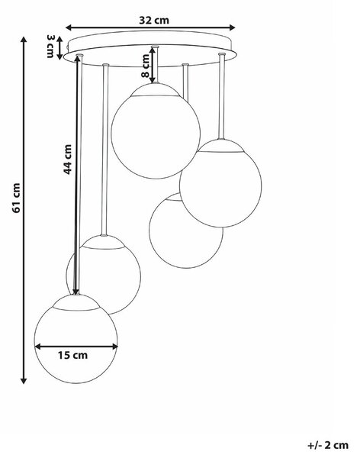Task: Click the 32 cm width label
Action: (x=154, y=21)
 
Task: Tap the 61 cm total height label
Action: (x=16, y=198)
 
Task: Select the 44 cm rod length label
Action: (x=67, y=160)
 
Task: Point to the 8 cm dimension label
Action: (x=145, y=66)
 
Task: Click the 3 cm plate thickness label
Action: (x=50, y=46)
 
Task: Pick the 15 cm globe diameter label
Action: (x=72, y=355)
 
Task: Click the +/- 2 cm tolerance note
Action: (x=328, y=445)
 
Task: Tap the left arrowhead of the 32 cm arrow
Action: (x=69, y=27)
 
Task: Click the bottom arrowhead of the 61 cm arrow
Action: (x=24, y=380)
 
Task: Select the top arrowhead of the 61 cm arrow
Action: (x=24, y=40)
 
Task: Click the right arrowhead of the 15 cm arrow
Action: (x=114, y=347)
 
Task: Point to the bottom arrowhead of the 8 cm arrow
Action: (x=153, y=79)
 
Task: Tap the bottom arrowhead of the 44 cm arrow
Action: (x=76, y=292)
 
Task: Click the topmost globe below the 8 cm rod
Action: (x=156, y=131)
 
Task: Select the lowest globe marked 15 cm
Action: (x=76, y=338)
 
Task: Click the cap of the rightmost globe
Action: (x=221, y=146)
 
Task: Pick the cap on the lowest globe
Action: (x=76, y=302)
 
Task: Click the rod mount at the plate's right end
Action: (x=222, y=54)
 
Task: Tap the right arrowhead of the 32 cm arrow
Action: (x=232, y=27)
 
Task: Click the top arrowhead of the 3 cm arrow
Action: (x=59, y=40)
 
